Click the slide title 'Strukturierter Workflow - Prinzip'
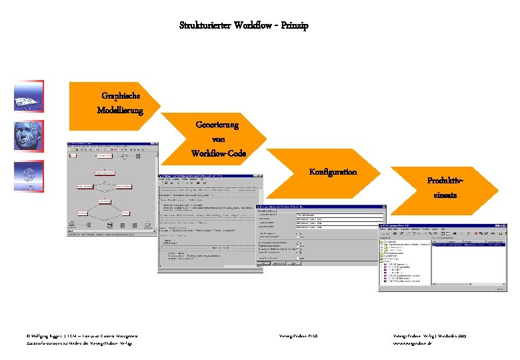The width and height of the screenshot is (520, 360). (x=244, y=25)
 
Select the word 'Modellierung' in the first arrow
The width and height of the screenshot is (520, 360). (x=120, y=110)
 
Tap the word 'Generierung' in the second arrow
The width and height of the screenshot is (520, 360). (x=217, y=125)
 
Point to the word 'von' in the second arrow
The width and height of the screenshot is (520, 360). (x=217, y=139)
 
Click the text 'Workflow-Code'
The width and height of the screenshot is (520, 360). (x=218, y=153)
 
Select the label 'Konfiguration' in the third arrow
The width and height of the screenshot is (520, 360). (x=333, y=171)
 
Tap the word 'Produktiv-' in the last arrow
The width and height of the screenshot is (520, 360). (x=445, y=181)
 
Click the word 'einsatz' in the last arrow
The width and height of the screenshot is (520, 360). (x=445, y=195)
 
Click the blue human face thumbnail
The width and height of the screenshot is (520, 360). (x=29, y=137)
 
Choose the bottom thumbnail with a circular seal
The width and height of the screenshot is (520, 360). (x=29, y=176)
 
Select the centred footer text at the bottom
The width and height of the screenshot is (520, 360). (x=298, y=337)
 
